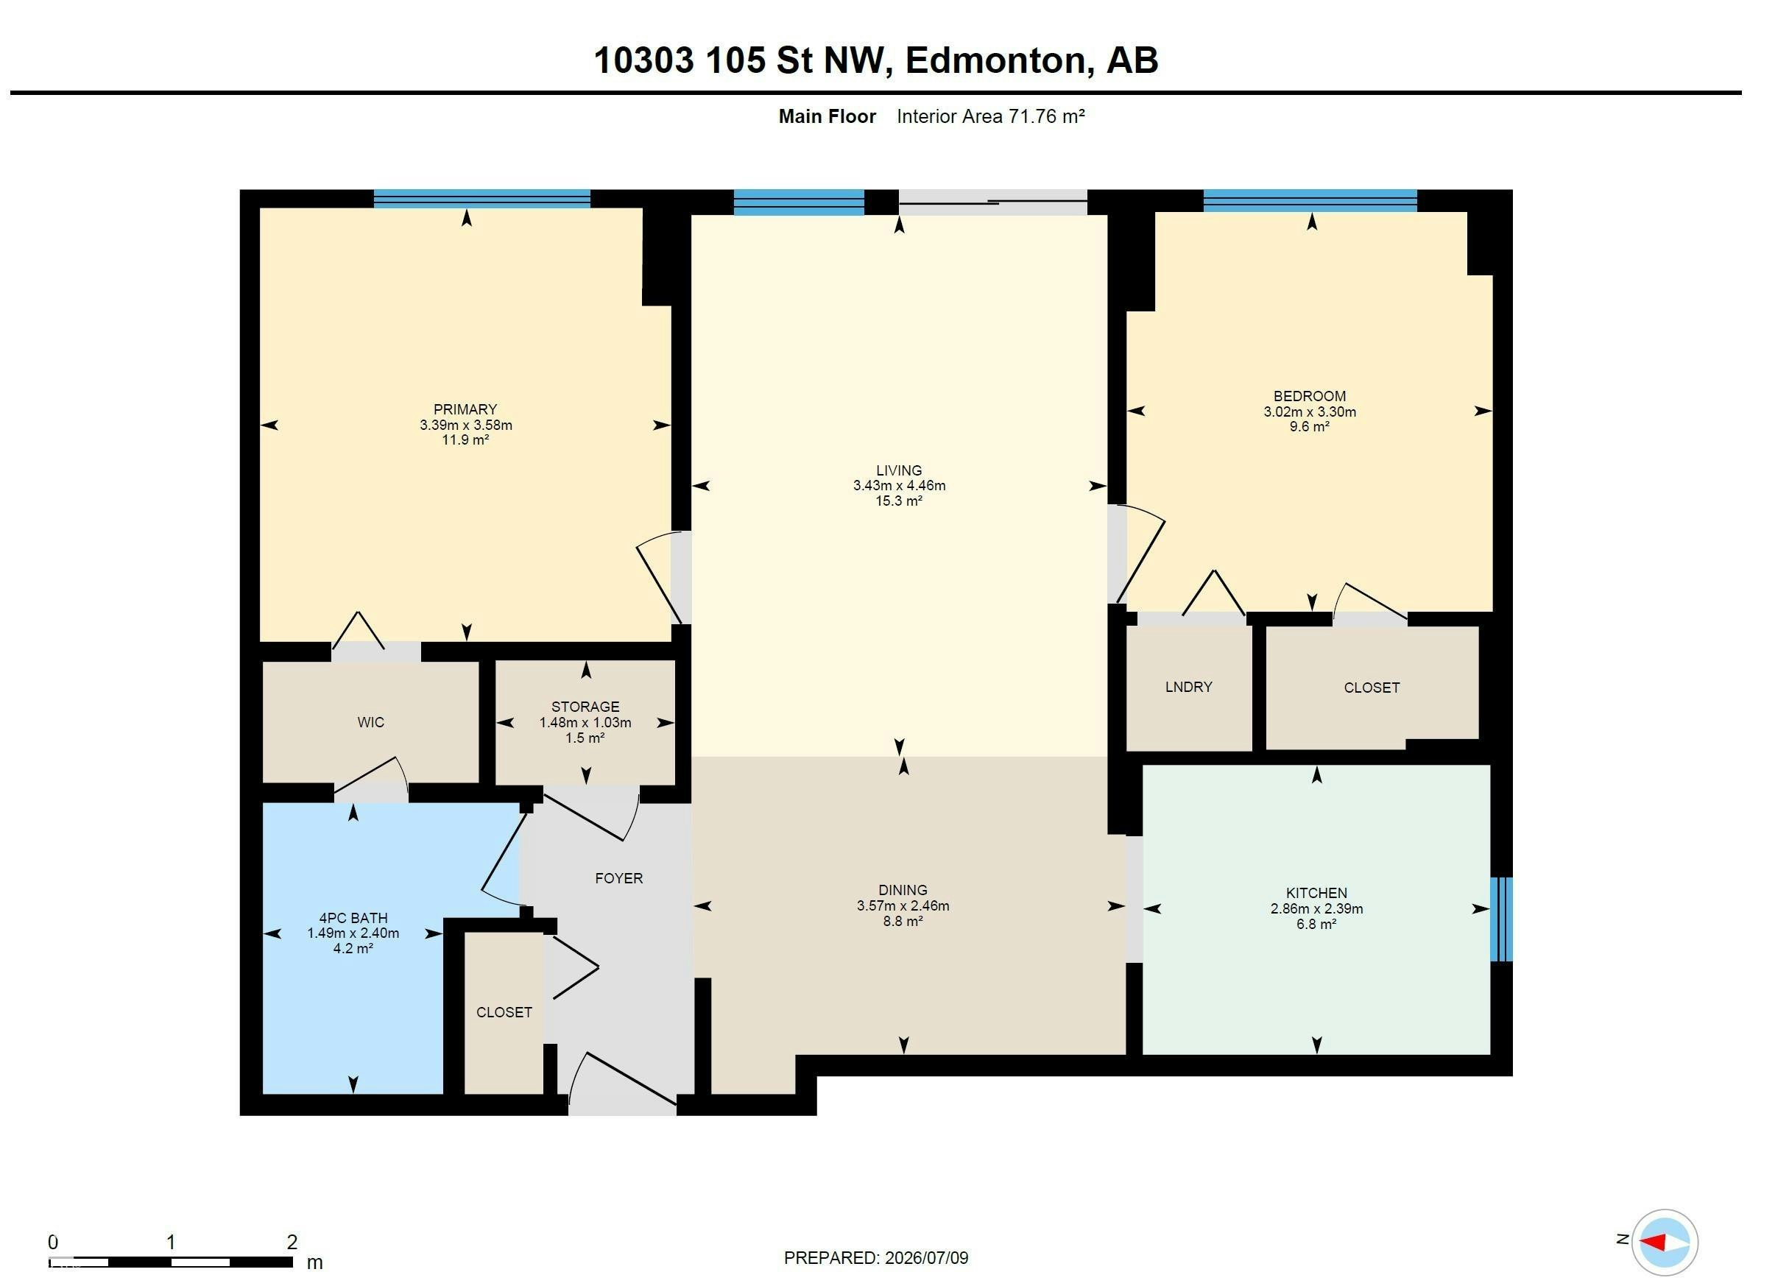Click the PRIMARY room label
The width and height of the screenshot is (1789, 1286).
465,409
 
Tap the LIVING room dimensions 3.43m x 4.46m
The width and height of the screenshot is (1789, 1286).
898,486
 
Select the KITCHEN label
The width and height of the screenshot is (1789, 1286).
1316,893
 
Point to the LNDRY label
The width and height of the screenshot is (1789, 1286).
1188,687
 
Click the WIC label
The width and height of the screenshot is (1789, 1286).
371,722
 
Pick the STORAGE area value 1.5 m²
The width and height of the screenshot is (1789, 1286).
585,738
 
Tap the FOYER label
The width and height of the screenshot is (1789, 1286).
618,878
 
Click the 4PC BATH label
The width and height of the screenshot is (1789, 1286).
353,918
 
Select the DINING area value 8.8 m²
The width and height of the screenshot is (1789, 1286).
903,921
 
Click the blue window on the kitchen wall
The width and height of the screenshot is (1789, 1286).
1501,919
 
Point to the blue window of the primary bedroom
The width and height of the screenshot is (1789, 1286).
481,198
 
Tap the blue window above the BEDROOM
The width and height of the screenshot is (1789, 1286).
1310,200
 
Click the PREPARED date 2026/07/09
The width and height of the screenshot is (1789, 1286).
926,1257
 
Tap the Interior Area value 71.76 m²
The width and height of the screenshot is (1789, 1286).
1046,117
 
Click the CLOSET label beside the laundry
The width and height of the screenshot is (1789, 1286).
1372,688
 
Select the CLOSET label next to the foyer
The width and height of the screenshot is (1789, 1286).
504,1012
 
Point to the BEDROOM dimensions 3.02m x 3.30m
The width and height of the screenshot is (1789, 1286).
1310,411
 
